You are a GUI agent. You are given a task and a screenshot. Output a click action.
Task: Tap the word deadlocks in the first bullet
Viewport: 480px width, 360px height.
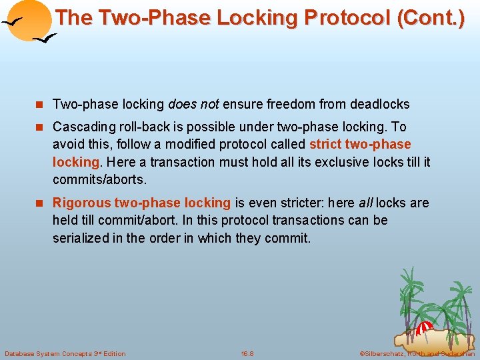[x=378, y=104]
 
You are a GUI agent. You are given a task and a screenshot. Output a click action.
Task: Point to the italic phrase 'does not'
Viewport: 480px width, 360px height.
[x=193, y=104]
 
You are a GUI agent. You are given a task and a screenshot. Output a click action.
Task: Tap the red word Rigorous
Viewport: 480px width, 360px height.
[x=81, y=203]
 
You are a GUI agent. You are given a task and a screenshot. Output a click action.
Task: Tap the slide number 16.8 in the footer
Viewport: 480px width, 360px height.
[x=247, y=353]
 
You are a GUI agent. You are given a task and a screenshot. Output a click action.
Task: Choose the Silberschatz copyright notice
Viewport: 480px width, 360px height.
[x=417, y=353]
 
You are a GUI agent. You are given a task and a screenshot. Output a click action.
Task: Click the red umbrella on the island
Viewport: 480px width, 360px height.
[x=425, y=327]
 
